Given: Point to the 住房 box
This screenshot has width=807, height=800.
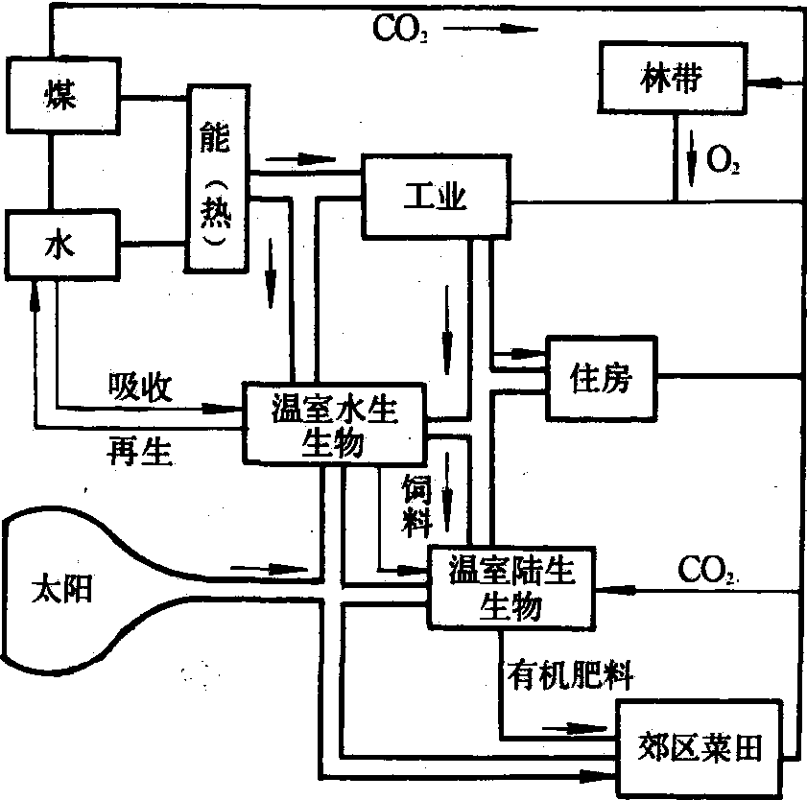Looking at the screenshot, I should tap(601, 377).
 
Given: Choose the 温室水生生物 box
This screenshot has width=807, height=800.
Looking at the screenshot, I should tap(334, 426).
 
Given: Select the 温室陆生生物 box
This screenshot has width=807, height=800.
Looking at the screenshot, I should tap(511, 587).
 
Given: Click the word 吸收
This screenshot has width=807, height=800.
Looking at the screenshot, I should tap(140, 387).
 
